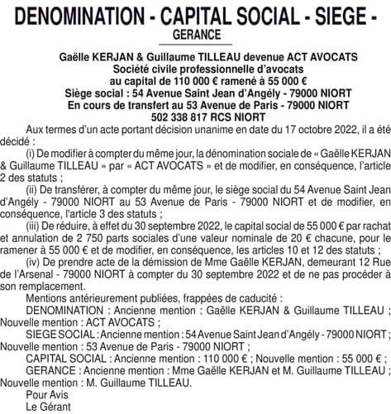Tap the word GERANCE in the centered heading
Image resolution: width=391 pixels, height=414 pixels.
pos(196,35)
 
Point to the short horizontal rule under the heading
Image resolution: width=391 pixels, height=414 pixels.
pos(196,45)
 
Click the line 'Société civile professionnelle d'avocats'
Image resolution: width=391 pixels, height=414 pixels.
pos(196,68)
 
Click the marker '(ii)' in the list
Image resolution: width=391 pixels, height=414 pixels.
pos(32,188)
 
